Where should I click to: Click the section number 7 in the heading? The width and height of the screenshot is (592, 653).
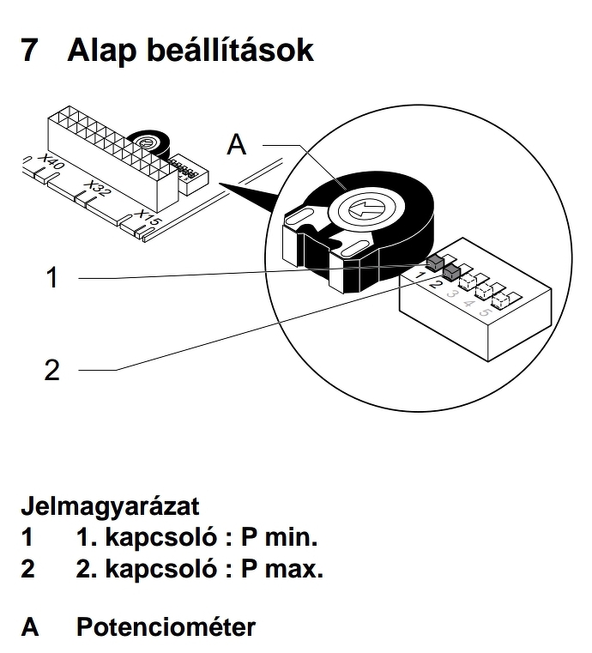pos(29,50)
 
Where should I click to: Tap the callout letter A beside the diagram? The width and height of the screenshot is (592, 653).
pos(236,145)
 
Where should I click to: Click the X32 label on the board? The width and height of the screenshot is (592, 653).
pos(97,190)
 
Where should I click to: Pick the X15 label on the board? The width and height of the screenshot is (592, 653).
pos(148,220)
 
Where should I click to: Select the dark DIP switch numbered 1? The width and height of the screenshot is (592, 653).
pos(434,259)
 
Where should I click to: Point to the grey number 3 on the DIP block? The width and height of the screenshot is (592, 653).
pos(452,293)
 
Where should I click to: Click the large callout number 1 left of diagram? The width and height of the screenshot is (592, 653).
pos(52,277)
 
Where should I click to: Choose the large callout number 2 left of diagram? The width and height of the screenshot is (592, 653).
pos(52,370)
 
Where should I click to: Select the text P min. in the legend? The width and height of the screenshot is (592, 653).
pos(279,538)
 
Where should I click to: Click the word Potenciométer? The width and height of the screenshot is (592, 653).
pos(166,626)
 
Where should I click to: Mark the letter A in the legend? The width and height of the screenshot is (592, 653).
pos(30,626)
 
